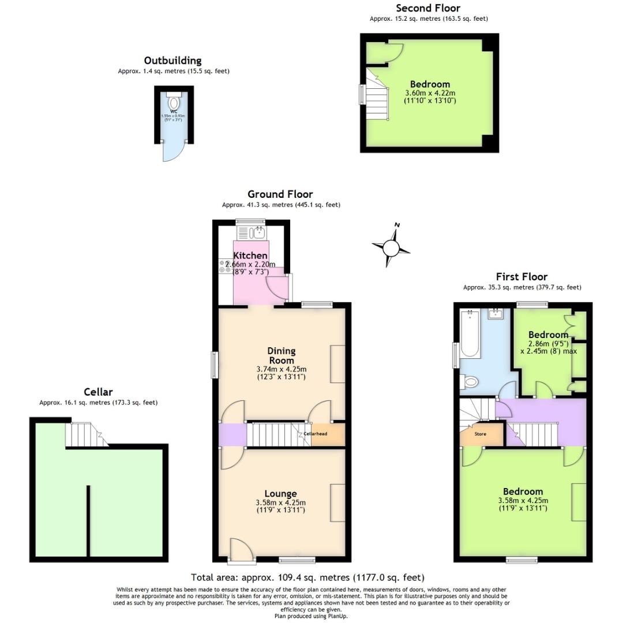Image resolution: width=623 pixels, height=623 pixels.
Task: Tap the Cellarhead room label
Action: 316,434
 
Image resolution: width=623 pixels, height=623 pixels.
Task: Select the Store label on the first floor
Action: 480,433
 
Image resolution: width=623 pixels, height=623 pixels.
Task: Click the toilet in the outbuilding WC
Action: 174,104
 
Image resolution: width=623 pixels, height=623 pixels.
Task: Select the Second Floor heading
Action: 428,8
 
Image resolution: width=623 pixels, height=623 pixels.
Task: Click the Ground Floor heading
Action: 280,194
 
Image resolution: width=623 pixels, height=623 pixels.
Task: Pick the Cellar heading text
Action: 98,392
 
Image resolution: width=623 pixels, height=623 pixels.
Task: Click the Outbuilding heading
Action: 173,61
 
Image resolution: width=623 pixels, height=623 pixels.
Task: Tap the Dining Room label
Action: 282,355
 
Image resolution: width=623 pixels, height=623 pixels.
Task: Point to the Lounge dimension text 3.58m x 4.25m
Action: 281,502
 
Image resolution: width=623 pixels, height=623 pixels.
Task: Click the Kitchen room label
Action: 250,256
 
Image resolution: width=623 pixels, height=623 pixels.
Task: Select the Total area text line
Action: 307,577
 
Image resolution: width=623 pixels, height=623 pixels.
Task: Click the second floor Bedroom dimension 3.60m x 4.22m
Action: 430,93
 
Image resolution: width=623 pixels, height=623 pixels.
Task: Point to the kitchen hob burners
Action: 225,266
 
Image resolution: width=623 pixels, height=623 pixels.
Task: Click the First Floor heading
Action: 521,277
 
